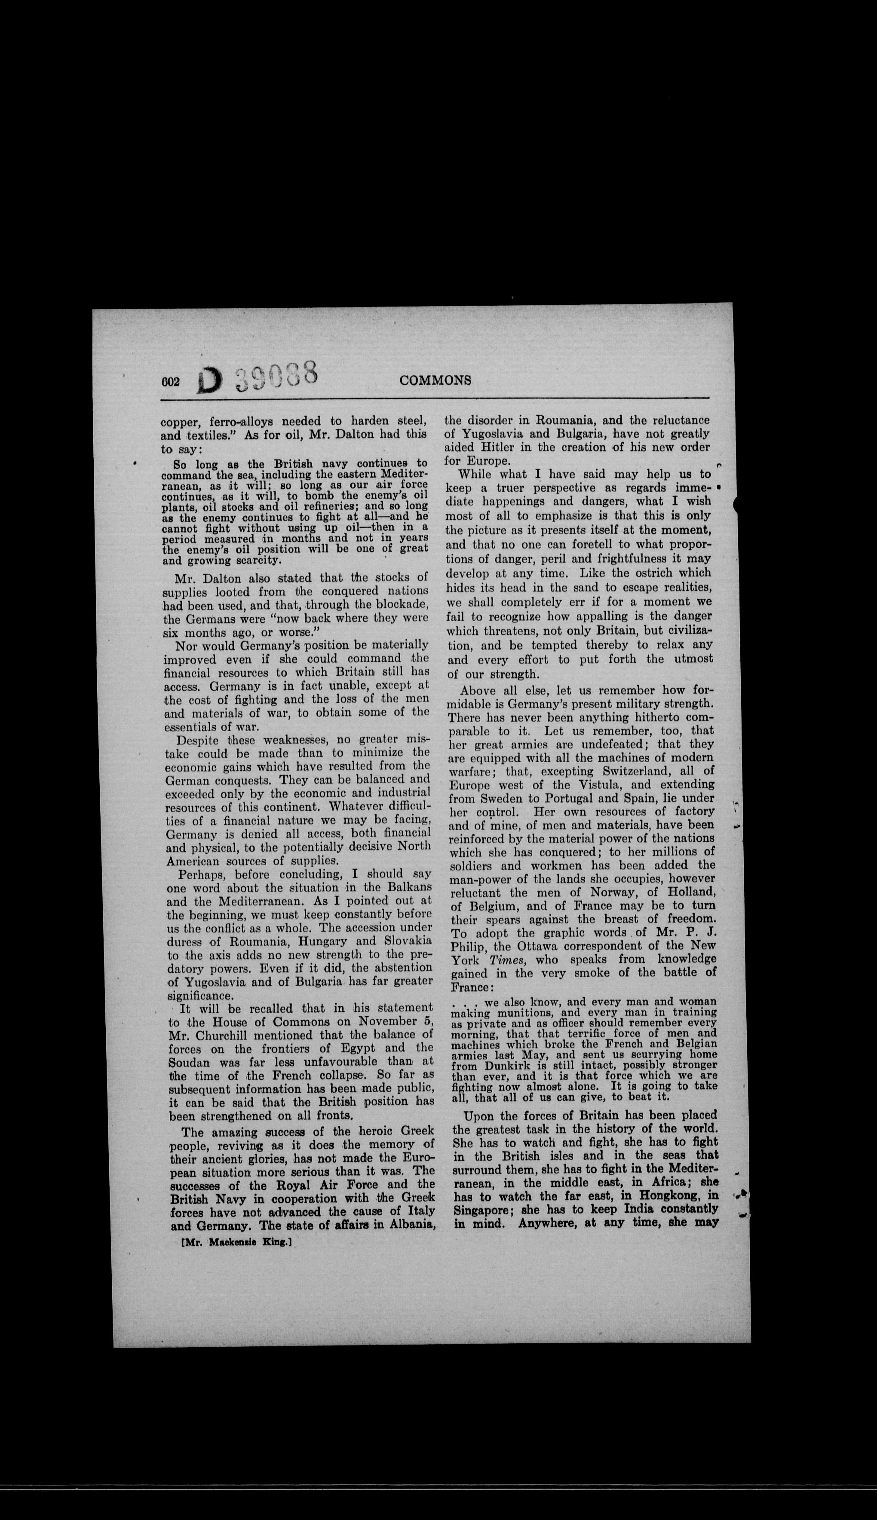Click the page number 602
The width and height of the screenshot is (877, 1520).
171,382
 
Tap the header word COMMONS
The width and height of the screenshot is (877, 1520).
435,380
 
